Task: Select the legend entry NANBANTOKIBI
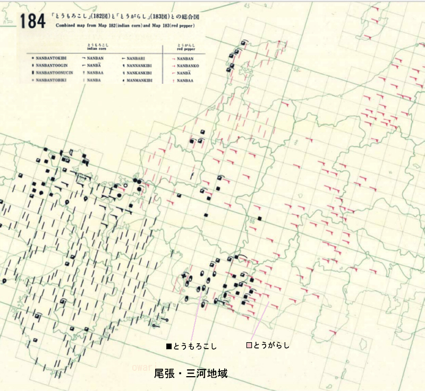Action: click(49, 56)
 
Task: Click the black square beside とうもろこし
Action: click(169, 346)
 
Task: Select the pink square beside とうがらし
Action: click(249, 345)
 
